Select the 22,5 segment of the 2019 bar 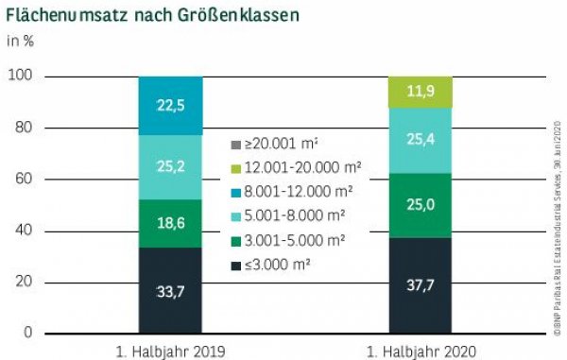(x=170, y=105)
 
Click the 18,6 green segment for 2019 (x=170, y=223)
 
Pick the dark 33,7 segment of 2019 (x=170, y=290)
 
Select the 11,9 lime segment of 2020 (x=419, y=92)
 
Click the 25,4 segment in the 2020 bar (x=419, y=140)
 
